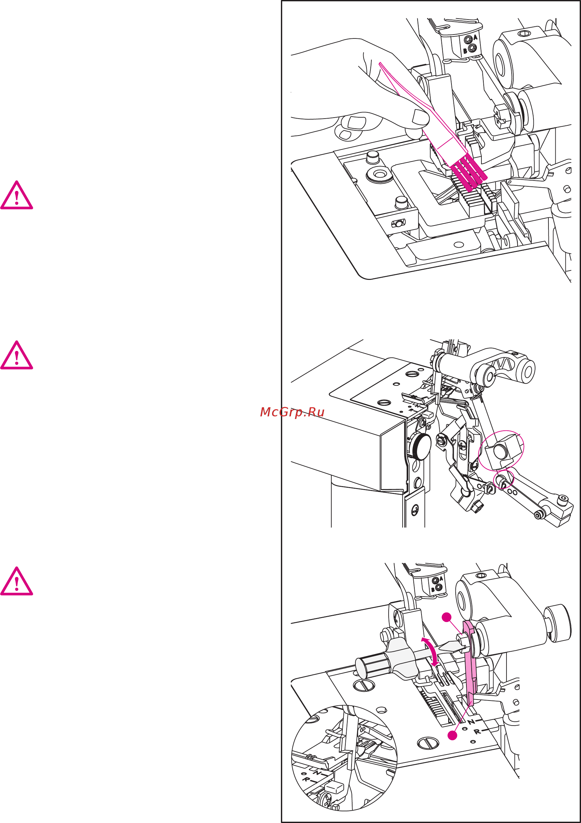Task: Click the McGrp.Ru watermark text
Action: pos(292,412)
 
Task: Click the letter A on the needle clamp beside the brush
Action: pos(475,37)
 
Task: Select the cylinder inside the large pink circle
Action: pos(499,451)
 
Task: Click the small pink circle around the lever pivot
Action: pos(504,480)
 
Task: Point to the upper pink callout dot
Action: pos(446,617)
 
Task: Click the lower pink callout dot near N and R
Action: pos(453,736)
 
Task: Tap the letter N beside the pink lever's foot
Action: pos(471,722)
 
